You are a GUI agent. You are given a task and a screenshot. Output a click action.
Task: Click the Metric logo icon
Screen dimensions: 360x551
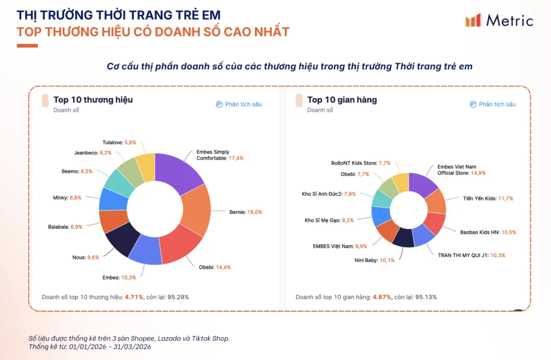coord(473,20)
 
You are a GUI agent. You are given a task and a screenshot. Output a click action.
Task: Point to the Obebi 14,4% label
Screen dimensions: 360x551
coord(214,267)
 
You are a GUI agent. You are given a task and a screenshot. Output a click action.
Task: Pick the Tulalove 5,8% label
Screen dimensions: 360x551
coord(119,142)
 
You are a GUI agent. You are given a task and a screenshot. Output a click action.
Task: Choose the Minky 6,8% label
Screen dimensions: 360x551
coord(67,198)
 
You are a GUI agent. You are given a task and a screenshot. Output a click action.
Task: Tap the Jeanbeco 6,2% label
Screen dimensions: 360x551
coord(93,153)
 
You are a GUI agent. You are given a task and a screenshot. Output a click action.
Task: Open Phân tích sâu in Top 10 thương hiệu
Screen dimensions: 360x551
coord(239,104)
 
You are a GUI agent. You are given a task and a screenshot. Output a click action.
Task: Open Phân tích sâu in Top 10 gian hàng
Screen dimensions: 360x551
coord(492,104)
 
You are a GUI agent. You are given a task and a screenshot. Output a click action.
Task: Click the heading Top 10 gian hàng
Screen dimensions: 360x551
coord(342,100)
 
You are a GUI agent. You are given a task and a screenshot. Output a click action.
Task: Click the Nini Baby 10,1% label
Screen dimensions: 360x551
coord(374,260)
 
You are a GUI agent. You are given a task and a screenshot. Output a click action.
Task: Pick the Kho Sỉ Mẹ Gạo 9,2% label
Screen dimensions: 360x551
coord(329,220)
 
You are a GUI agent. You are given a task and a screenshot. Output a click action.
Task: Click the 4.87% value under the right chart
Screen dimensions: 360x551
coord(382,297)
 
